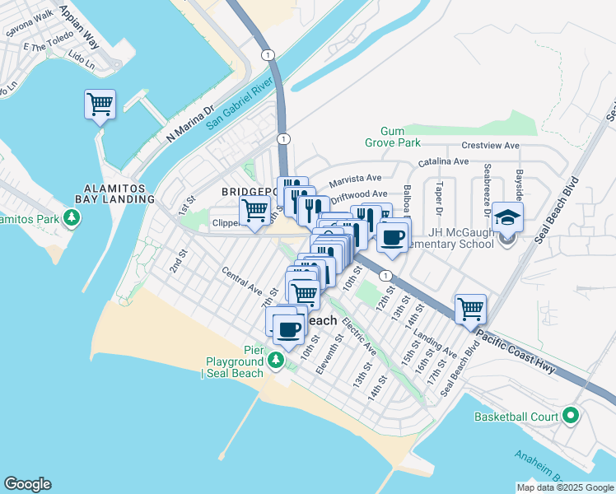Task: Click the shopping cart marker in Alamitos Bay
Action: coord(100,105)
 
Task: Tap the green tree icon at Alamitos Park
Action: coord(73,217)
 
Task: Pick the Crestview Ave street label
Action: coord(490,146)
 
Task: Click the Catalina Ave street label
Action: coord(443,162)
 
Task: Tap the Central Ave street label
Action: coord(241,282)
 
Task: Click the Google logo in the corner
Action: coord(27,484)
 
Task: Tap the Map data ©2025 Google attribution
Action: coord(564,487)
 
